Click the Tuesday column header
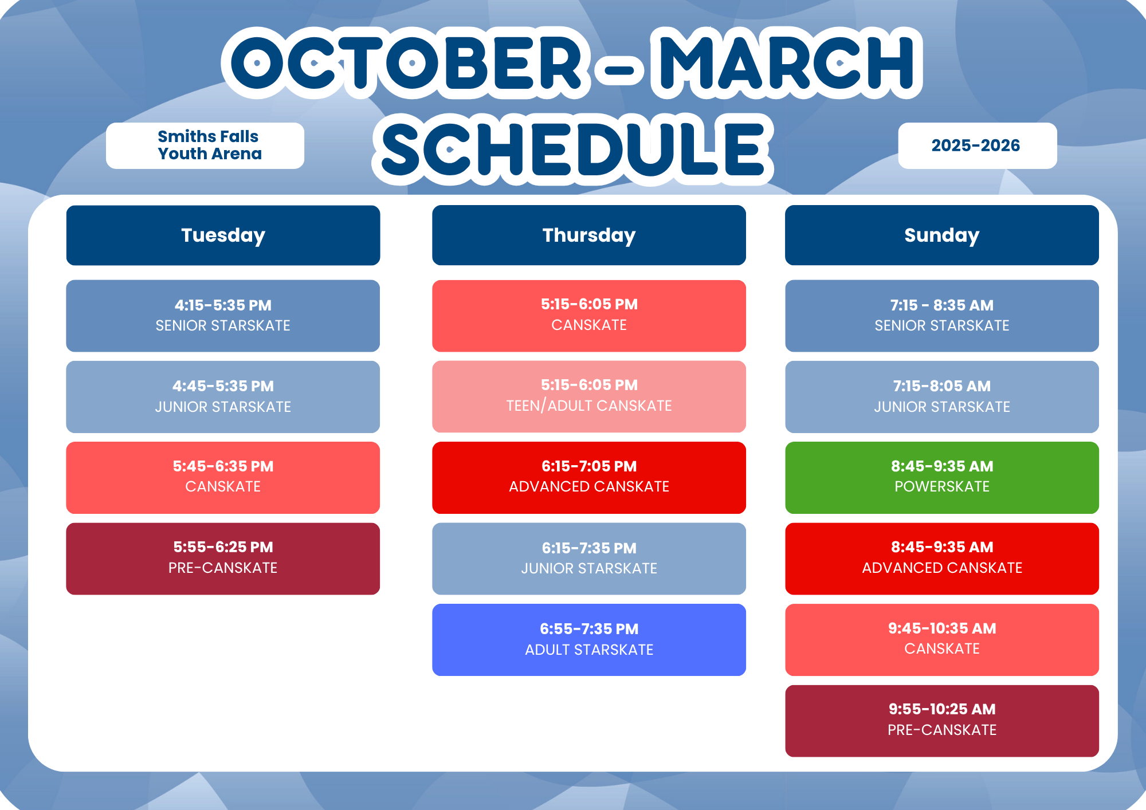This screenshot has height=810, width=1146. pos(223,235)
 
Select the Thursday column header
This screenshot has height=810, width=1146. pos(589,235)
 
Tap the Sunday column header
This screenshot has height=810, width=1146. pos(942,235)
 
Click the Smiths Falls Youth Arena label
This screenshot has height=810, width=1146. pos(205,146)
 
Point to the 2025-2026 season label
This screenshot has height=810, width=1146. pos(978,146)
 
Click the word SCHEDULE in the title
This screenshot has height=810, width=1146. pos(573,149)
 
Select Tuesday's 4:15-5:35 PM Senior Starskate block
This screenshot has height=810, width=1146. pos(223,316)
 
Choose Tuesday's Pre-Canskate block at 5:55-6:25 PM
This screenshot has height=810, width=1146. pos(223,559)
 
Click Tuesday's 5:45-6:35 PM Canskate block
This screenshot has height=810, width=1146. pos(223,478)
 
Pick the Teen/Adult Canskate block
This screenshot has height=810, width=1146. pos(589,396)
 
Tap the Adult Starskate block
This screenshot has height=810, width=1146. pos(589,640)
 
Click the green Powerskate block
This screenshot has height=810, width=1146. pos(942,478)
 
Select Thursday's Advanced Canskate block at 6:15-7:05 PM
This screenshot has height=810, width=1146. pos(589,478)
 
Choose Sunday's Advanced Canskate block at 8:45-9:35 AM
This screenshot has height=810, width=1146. pos(942,559)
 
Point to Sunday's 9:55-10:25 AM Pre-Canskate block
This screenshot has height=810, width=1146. pos(942,721)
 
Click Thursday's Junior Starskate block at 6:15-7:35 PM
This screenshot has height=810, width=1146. pos(589,559)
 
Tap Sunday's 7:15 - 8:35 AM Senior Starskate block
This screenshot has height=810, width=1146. pos(942,316)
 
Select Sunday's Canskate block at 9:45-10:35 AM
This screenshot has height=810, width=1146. pos(942,640)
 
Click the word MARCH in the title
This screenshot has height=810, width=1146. pos(787,62)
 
